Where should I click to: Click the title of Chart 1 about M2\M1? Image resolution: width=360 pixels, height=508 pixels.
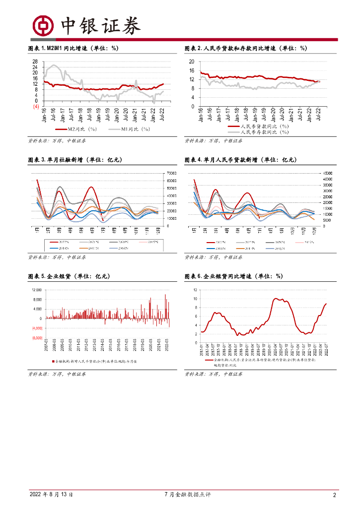click(73, 48)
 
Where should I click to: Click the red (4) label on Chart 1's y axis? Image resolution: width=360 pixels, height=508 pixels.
click(36, 106)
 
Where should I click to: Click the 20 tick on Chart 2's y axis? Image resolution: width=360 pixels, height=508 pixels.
click(192, 62)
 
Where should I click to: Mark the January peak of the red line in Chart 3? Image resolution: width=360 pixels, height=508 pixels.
click(37, 180)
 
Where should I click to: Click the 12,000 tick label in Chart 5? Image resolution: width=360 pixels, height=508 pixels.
click(37, 290)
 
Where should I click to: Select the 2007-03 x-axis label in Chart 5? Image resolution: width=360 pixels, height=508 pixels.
click(47, 345)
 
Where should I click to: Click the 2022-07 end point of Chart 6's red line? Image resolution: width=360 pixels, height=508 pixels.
click(326, 304)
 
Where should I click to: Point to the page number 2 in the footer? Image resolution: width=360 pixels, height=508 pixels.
click(335, 495)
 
